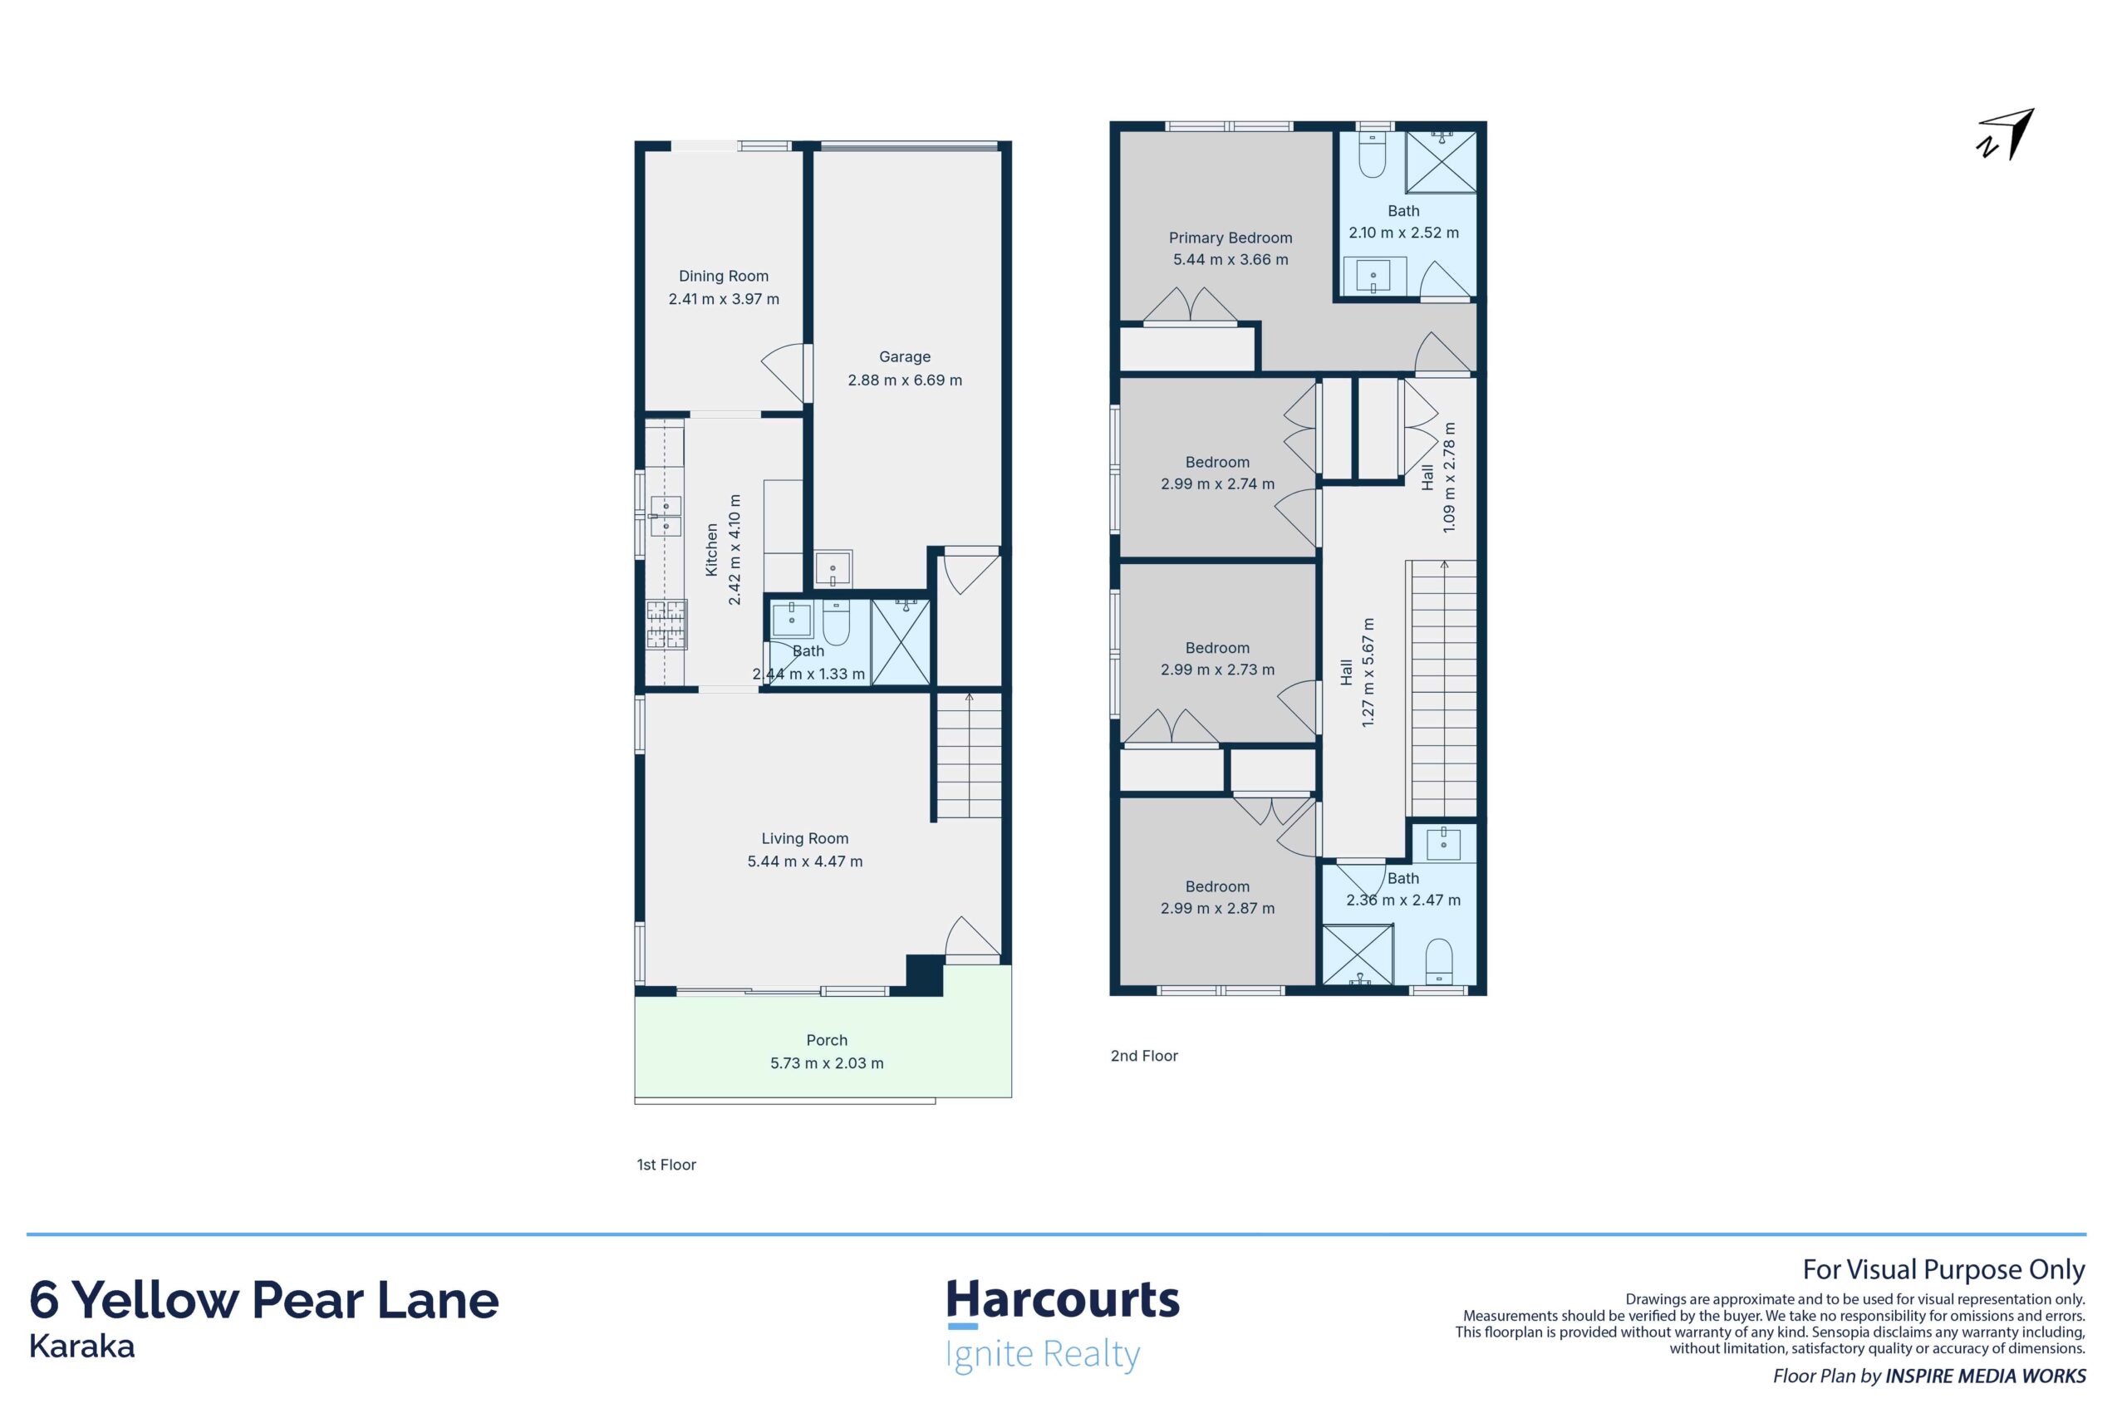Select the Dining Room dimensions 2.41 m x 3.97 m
pyautogui.click(x=724, y=299)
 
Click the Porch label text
pyautogui.click(x=827, y=1040)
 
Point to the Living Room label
pyautogui.click(x=805, y=838)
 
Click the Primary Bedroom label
pyautogui.click(x=1230, y=238)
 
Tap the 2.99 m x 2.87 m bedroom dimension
pyautogui.click(x=1217, y=908)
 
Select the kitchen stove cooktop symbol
pyautogui.click(x=666, y=625)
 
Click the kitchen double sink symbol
pyautogui.click(x=665, y=516)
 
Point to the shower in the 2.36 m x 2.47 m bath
pyautogui.click(x=1358, y=954)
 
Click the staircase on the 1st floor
pyautogui.click(x=969, y=755)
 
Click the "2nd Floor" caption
pyautogui.click(x=1144, y=1055)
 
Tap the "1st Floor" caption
pyautogui.click(x=666, y=1165)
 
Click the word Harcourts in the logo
pyautogui.click(x=1063, y=1299)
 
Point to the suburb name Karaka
pyautogui.click(x=82, y=1347)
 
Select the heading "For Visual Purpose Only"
pyautogui.click(x=1943, y=1269)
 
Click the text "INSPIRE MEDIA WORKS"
pyautogui.click(x=1985, y=1376)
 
